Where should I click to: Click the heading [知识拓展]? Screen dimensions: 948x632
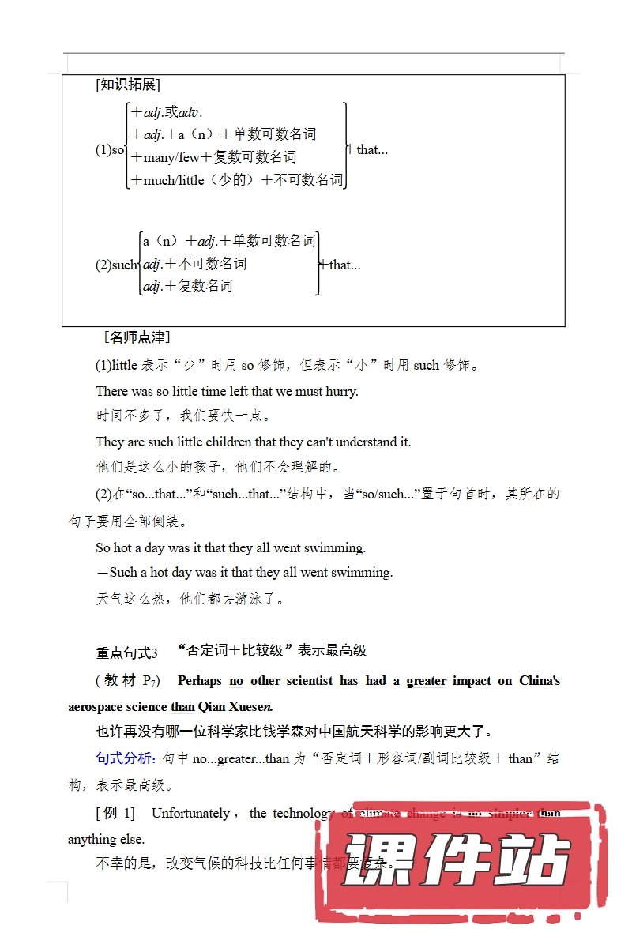coord(127,85)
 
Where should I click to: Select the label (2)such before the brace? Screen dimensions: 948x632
coord(116,265)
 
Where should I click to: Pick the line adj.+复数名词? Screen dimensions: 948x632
coord(188,286)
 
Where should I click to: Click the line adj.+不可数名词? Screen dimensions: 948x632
coord(194,263)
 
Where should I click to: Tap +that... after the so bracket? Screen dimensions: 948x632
coord(368,149)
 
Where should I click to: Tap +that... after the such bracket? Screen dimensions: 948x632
coord(340,265)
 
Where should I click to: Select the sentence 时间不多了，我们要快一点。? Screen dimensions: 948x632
coord(183,416)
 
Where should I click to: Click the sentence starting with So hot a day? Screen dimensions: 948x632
coord(231,547)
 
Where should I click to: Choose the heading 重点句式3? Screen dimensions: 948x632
coord(126,653)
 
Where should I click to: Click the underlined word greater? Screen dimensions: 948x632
coord(427,680)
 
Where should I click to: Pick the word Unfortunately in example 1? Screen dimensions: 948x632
coord(190,813)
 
